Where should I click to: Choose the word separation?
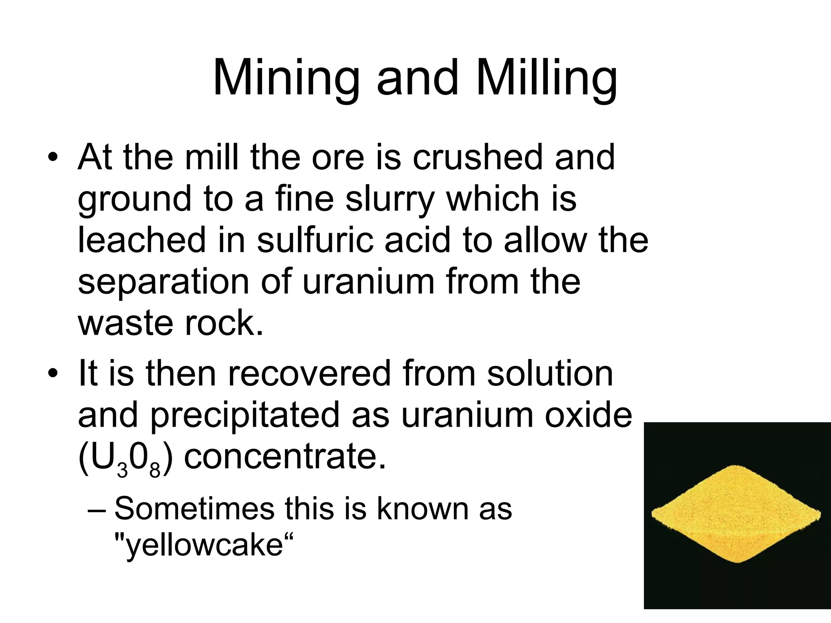tap(163, 282)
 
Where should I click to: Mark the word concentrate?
tap(284, 457)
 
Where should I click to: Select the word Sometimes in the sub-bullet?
tap(194, 509)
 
